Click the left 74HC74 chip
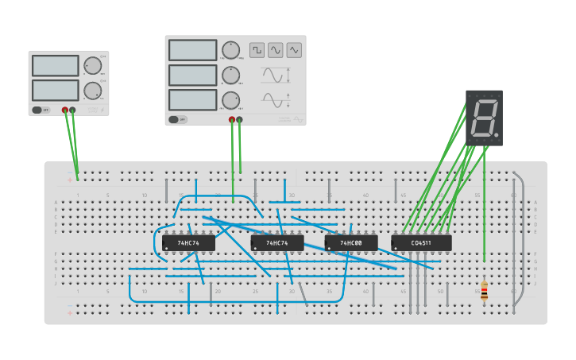[188, 242]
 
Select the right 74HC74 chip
[277, 242]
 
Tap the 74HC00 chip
[350, 242]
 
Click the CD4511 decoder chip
[421, 242]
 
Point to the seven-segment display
[484, 118]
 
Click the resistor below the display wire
[485, 290]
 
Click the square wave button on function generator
[257, 50]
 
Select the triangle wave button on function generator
[295, 50]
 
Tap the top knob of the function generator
[230, 50]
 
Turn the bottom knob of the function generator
[230, 100]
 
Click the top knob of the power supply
[93, 65]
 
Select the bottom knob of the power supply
[93, 90]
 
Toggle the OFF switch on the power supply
[41, 110]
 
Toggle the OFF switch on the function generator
[176, 120]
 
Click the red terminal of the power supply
[65, 110]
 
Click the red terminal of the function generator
[232, 120]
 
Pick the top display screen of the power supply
[56, 65]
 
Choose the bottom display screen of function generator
[192, 100]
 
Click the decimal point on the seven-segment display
[497, 136]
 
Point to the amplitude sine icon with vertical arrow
[276, 76]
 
